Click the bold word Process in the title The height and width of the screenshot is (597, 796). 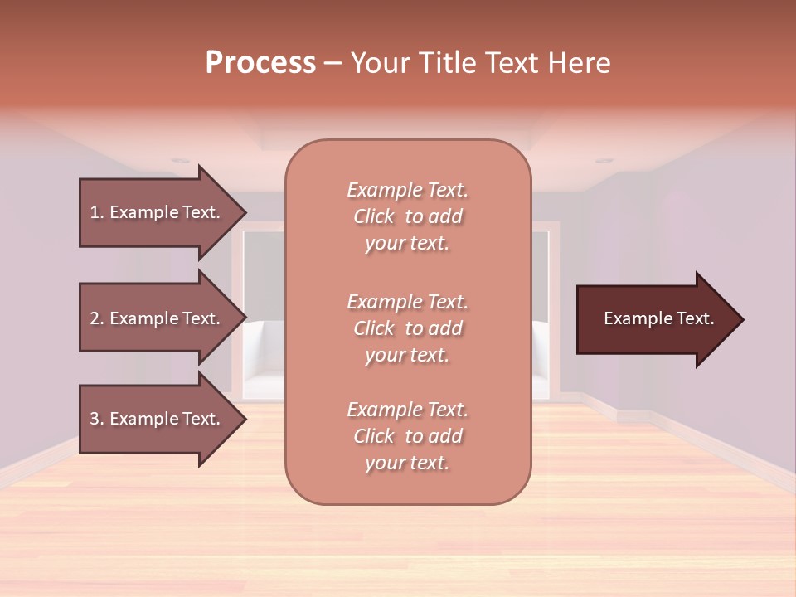pos(260,63)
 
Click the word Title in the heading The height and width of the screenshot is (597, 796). pos(447,63)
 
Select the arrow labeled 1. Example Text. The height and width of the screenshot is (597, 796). pos(158,212)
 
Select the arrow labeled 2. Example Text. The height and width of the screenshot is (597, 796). pos(158,318)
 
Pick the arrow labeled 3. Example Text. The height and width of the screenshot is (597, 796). pos(158,419)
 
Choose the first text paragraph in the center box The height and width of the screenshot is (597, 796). pos(407,216)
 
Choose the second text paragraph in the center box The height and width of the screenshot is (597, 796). pos(407,328)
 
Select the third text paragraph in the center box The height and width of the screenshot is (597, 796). pos(407,436)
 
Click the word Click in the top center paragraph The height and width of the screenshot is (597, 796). pos(374,217)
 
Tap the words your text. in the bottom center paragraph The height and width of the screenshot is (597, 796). pos(407,464)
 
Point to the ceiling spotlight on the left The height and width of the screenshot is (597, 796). pos(181,161)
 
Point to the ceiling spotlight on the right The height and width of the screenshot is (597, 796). pos(604,160)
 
